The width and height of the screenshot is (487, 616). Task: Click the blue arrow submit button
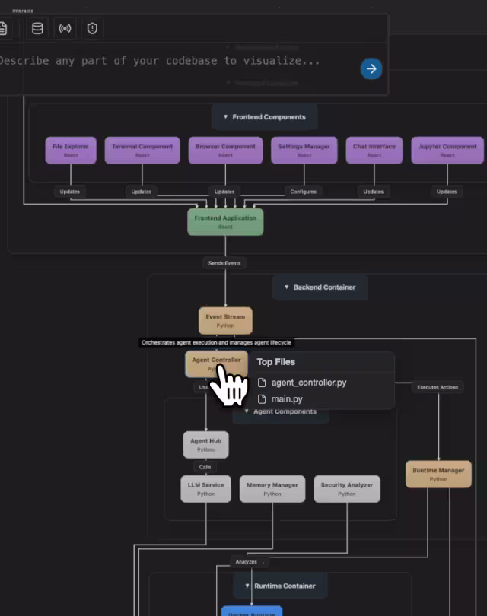[x=371, y=68]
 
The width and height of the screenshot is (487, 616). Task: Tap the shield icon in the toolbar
[x=92, y=29]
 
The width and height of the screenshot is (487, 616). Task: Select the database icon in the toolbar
[x=37, y=29]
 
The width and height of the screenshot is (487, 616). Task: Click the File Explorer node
[x=71, y=150]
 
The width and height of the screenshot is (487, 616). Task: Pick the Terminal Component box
[x=142, y=150]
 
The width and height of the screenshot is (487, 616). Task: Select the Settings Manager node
[x=304, y=150]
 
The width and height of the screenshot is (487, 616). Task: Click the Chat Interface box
[x=374, y=150]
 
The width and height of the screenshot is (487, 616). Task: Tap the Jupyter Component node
[x=448, y=150]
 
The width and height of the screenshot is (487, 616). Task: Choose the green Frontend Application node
[x=225, y=221]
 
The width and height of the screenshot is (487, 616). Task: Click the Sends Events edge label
[x=225, y=263]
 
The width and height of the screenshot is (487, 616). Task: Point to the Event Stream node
[x=225, y=320]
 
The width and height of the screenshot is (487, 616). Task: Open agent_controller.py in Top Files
[x=308, y=383]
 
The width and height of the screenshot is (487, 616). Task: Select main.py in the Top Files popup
[x=287, y=399]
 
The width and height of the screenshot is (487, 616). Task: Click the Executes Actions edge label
[x=438, y=387]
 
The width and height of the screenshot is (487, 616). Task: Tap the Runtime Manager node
[x=438, y=475]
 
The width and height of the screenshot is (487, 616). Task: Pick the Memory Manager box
[x=272, y=489]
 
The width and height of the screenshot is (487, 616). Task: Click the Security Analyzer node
[x=347, y=489]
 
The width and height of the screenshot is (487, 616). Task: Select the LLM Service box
[x=206, y=489]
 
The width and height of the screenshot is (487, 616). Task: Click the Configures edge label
[x=304, y=192]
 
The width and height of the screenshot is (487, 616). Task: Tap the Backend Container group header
[x=320, y=287]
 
